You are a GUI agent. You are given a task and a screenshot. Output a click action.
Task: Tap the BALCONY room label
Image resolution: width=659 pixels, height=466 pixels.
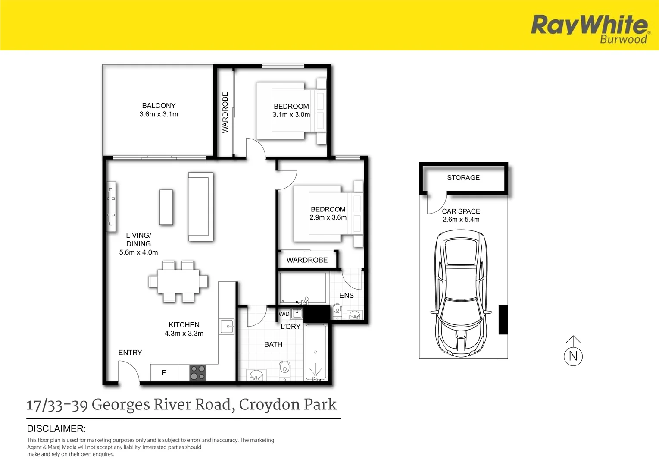click(159, 106)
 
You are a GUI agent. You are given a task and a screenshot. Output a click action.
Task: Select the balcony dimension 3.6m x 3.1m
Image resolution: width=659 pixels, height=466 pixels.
click(159, 114)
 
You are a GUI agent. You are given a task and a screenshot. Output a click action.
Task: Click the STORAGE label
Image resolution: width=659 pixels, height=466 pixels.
click(463, 178)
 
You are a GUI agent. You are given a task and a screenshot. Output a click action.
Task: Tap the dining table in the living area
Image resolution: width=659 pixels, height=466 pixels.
click(178, 281)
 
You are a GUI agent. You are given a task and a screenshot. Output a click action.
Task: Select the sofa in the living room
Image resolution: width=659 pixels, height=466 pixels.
click(201, 206)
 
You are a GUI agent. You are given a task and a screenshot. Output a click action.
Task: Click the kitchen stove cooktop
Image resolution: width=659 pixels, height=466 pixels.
click(197, 373)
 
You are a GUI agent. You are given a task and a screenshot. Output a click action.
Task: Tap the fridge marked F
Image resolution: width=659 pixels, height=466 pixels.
click(164, 373)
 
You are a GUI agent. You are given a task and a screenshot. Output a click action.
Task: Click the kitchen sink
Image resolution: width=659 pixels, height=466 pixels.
click(227, 327)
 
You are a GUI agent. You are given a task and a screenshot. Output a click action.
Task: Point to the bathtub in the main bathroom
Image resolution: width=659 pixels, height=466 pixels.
click(316, 353)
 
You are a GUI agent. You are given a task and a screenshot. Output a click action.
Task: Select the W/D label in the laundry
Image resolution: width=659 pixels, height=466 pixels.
click(284, 314)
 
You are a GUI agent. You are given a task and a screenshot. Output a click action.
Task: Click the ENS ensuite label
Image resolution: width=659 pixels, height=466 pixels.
click(346, 296)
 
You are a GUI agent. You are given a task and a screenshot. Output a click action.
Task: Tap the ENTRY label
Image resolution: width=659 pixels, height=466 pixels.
click(130, 353)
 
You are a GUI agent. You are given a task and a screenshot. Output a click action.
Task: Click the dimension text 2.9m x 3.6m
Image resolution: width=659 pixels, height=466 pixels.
click(328, 217)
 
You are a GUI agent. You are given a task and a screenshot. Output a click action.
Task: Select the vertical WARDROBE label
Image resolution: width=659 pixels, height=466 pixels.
click(225, 112)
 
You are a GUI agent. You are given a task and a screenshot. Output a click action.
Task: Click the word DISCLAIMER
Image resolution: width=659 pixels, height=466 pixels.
click(56, 429)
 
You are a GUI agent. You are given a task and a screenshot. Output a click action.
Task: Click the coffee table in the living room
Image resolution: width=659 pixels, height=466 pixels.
click(166, 207)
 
